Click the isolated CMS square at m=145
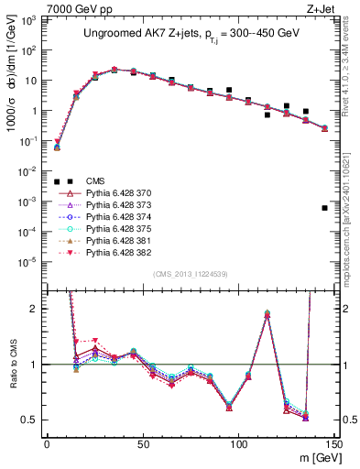(325, 208)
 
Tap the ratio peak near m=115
(267, 313)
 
